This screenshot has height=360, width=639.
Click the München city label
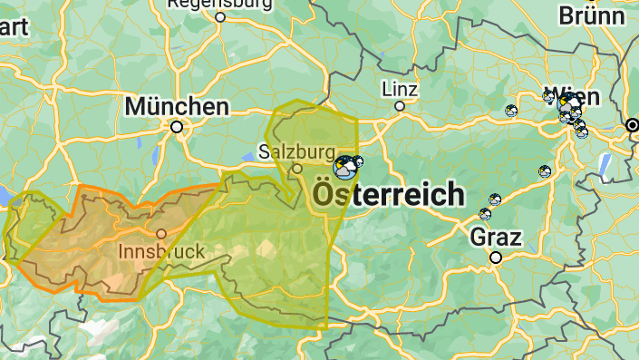coord(177,107)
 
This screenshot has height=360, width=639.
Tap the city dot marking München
coord(177,127)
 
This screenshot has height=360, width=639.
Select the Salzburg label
coord(295,151)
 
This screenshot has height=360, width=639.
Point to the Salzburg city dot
coord(296,169)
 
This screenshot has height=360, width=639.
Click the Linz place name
coord(400,89)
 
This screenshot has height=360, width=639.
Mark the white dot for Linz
coord(400,106)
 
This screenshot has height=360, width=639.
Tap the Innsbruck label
coord(161,250)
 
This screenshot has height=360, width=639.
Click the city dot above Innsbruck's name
coord(161,234)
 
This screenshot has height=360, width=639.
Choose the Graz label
coord(496,238)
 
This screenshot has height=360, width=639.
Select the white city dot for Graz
coord(496,258)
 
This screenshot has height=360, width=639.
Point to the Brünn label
coord(592,15)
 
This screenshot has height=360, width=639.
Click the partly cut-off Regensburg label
coord(220,4)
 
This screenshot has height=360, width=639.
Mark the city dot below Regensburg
coord(220,16)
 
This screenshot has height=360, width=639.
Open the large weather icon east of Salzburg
coord(344,167)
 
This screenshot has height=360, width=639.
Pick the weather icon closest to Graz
coord(485,215)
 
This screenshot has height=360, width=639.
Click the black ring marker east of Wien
coord(632,124)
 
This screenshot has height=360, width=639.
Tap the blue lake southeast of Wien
coord(604,162)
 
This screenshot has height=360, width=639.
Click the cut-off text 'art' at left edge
coord(12,26)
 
